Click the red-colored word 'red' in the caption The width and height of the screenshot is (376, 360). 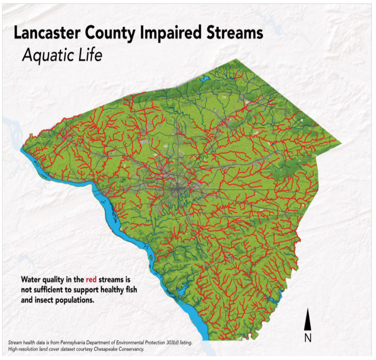click(x=91, y=280)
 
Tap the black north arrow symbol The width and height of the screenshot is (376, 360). click(x=307, y=320)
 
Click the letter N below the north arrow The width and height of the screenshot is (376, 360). click(x=307, y=337)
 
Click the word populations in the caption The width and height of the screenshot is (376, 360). click(x=73, y=301)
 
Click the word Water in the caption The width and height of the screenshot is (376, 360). click(x=31, y=280)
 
